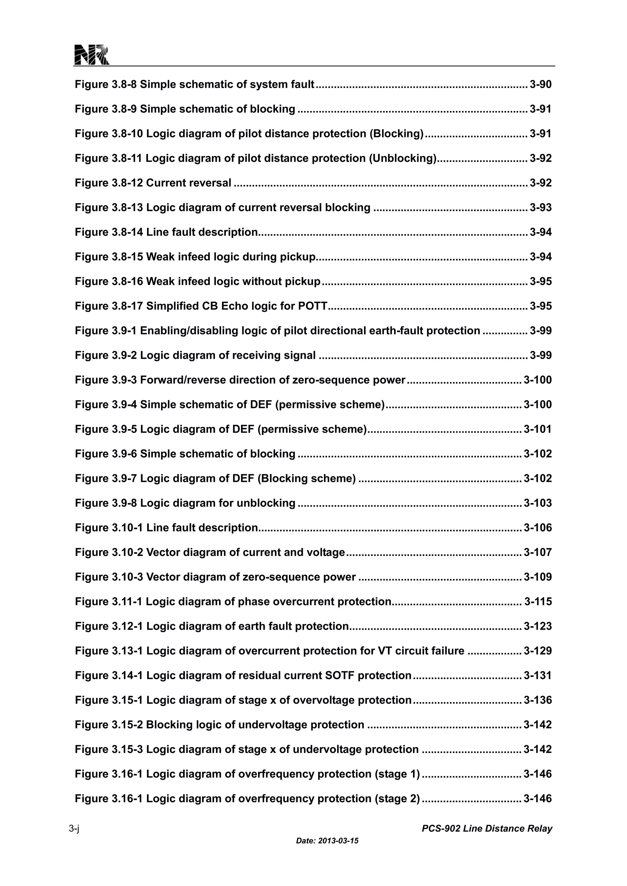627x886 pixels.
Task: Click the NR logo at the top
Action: tap(92, 55)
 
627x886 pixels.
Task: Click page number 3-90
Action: tap(541, 84)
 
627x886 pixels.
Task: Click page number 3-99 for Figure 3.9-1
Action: tap(541, 331)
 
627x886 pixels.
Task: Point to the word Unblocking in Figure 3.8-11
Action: tap(403, 158)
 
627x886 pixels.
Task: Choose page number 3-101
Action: tap(537, 429)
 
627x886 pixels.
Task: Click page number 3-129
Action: tap(537, 651)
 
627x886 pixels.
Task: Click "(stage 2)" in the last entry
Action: tap(397, 799)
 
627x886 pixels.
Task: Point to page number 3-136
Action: tap(537, 700)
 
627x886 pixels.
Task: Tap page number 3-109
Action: tap(537, 577)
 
